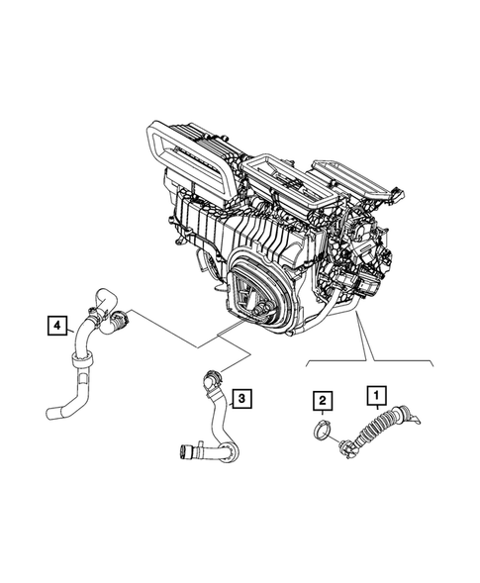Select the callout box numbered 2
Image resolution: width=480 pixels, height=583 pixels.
(x=322, y=400)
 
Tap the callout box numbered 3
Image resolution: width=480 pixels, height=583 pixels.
(x=242, y=399)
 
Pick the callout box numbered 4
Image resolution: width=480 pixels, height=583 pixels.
(x=56, y=323)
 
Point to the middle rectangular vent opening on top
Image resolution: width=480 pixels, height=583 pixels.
(x=275, y=169)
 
